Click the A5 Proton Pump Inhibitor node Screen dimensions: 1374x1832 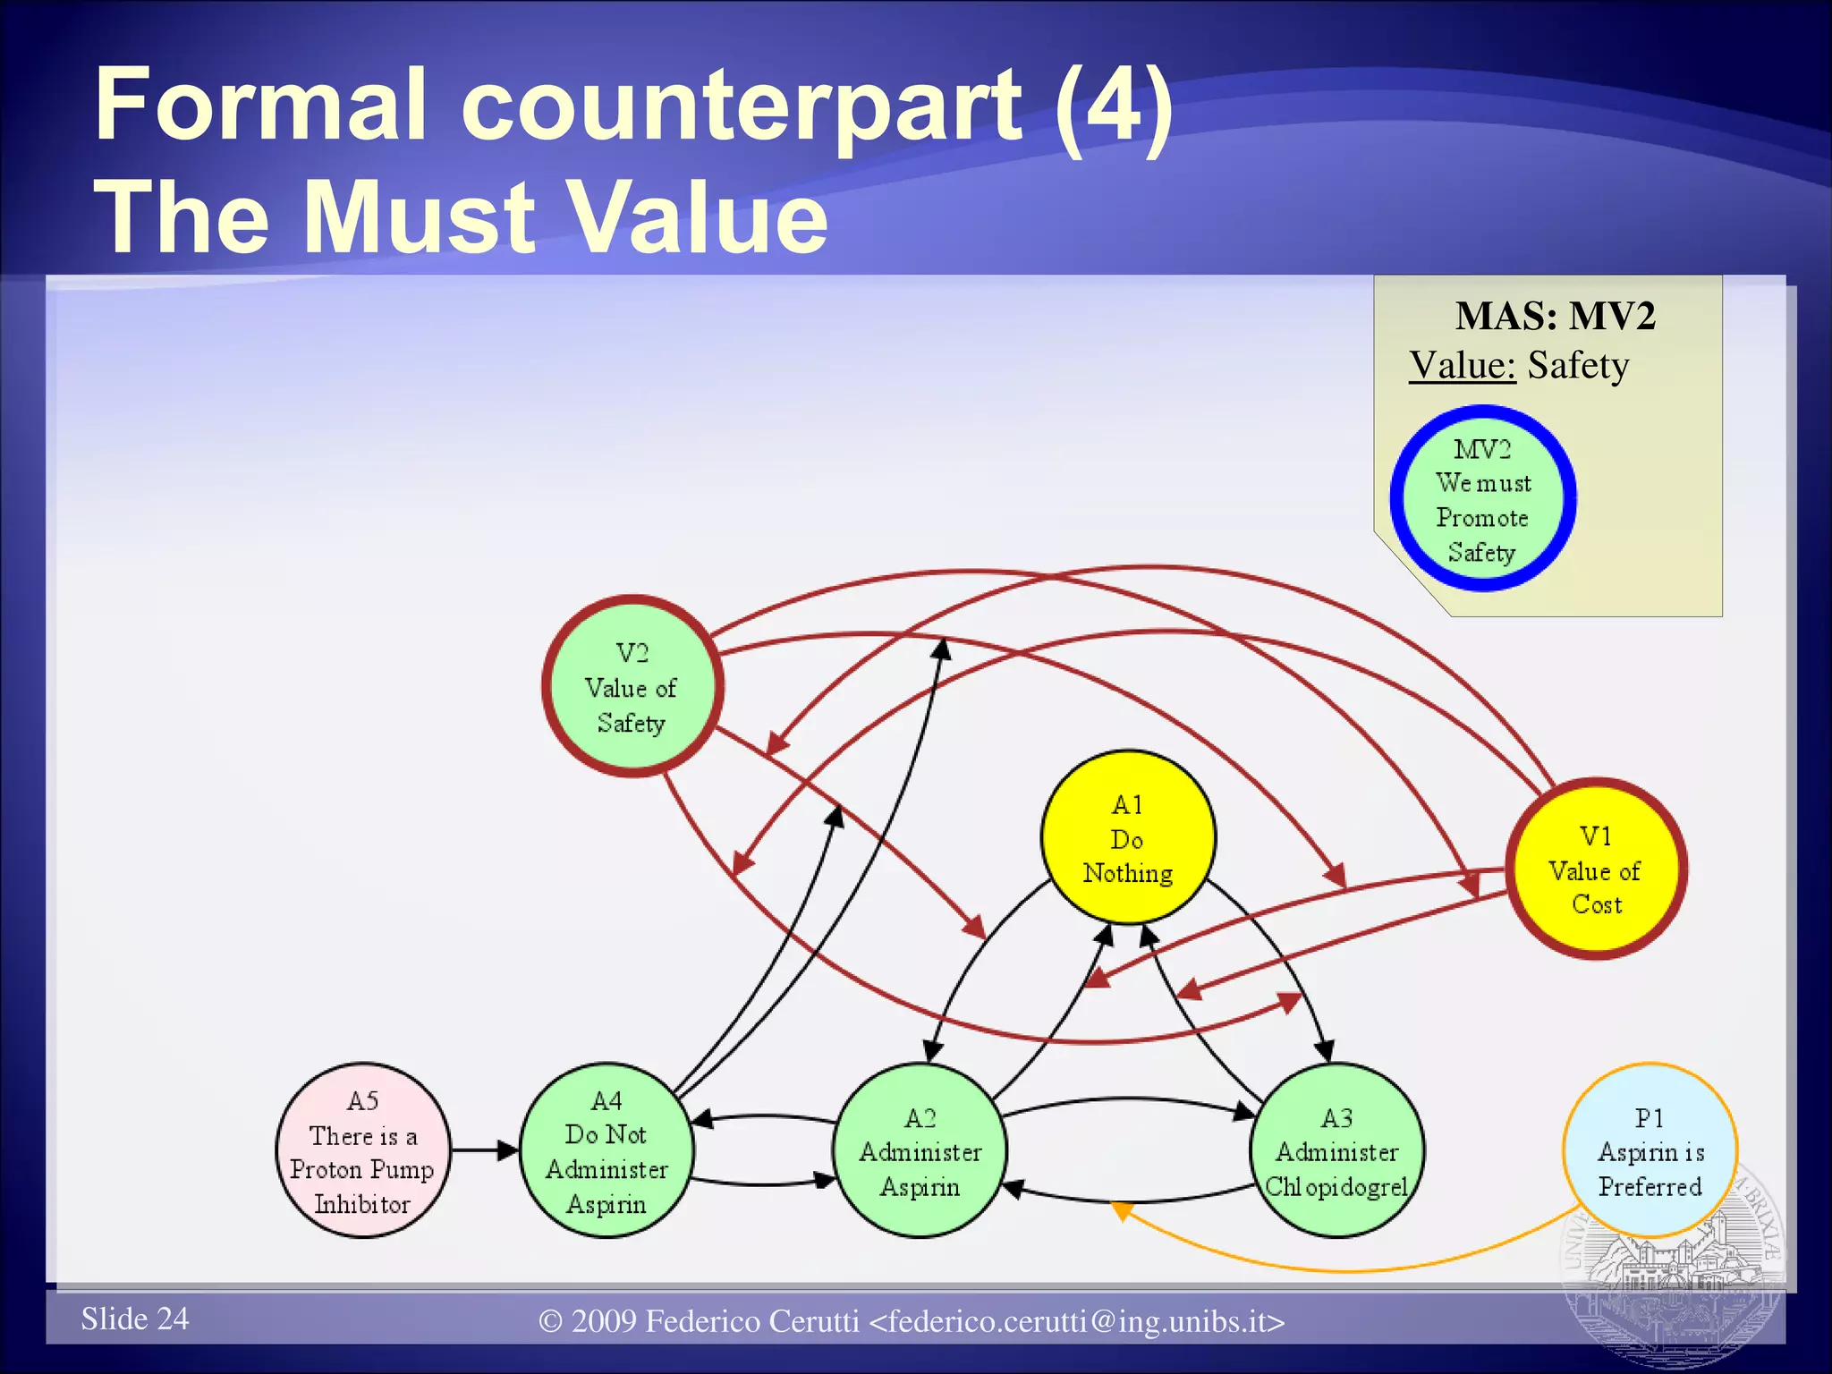362,1150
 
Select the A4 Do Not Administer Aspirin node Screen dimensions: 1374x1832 606,1150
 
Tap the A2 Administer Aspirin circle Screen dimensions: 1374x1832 920,1150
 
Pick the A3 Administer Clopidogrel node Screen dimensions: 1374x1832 1336,1150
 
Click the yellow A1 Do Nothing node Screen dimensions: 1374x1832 1128,837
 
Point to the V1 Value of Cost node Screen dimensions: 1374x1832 1596,869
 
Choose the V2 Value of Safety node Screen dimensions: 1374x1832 632,686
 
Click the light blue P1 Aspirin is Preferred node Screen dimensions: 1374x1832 1650,1150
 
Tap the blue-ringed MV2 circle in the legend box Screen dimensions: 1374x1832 1482,499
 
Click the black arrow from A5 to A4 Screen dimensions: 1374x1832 484,1150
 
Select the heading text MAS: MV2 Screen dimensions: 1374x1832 1555,316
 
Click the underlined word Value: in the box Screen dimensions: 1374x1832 1462,365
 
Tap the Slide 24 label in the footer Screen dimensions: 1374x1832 135,1319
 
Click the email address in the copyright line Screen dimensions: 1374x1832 1077,1321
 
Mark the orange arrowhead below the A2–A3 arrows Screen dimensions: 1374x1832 1121,1209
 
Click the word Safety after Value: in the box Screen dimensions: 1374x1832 1578,365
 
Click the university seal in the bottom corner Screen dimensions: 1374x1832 1673,1279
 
